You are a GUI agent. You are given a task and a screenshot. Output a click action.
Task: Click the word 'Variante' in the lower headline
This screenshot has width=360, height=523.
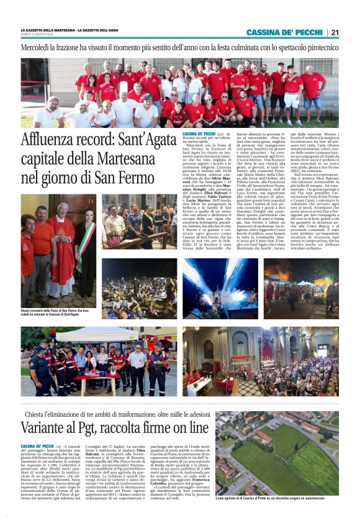coord(50,427)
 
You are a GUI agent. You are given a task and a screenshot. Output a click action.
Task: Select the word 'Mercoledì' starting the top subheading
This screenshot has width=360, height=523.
coord(38,48)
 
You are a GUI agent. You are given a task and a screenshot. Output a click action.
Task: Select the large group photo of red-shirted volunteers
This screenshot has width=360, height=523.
coord(179,93)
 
